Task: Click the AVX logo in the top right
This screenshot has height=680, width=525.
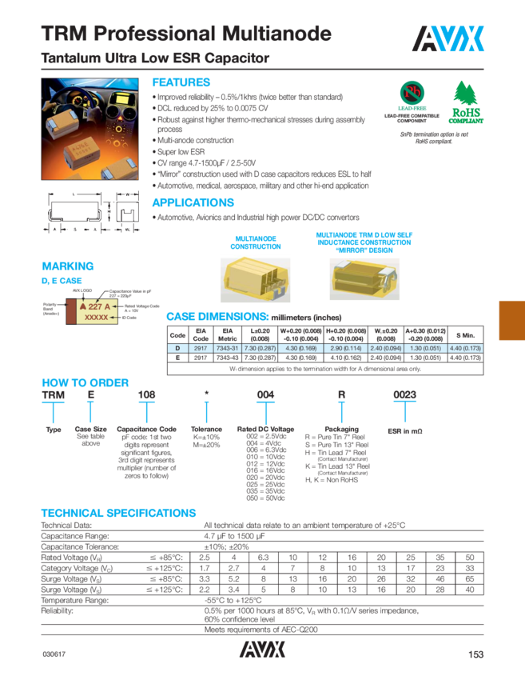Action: (x=449, y=38)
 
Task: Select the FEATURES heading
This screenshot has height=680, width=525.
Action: (x=181, y=82)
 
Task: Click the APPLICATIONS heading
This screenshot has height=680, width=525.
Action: (x=193, y=202)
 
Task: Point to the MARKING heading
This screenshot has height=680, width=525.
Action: (x=67, y=266)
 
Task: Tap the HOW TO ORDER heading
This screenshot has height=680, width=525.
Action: (x=80, y=382)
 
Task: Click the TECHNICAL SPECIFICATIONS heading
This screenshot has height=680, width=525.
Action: (x=117, y=512)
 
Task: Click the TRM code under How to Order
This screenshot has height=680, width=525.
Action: (x=52, y=395)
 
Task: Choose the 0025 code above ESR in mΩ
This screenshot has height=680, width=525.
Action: (x=405, y=395)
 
